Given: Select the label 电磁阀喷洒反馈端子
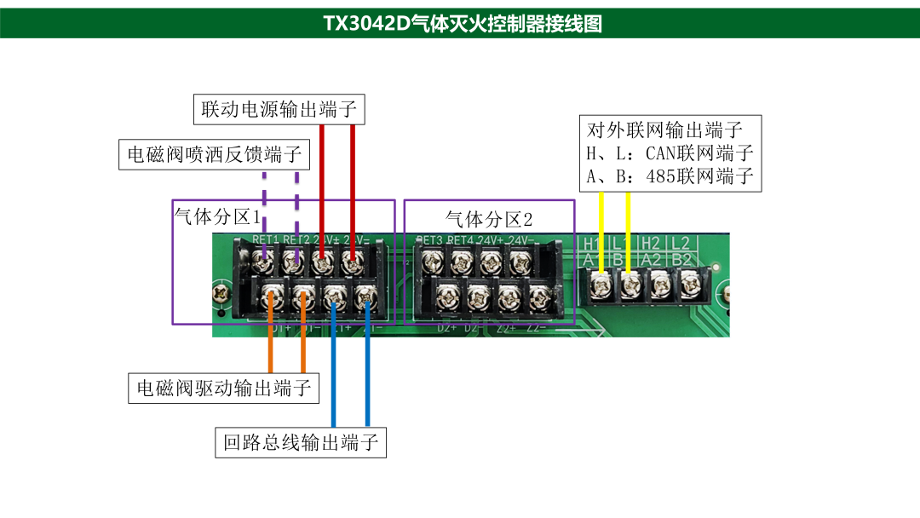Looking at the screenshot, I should click(214, 154).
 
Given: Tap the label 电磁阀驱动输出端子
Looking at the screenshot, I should click(223, 388).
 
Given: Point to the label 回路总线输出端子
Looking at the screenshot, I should click(300, 442).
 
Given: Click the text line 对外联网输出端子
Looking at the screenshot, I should click(666, 131).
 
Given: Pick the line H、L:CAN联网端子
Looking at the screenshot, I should click(670, 154).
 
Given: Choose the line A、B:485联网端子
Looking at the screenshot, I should click(670, 177).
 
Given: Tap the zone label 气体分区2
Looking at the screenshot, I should click(488, 218).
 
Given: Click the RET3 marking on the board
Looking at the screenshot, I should click(430, 240).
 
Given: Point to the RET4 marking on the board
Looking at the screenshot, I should click(460, 240).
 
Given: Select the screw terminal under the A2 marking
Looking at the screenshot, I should click(658, 284).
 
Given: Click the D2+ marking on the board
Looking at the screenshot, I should click(447, 328).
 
